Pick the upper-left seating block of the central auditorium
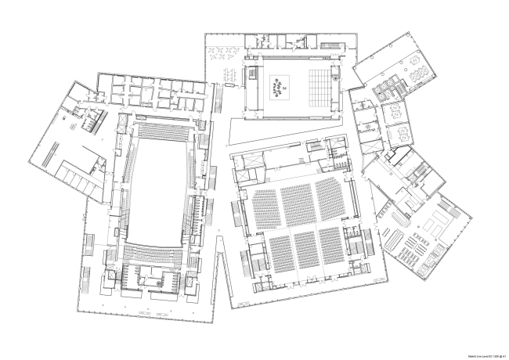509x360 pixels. (x=265, y=207)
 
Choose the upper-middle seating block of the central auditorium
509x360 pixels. (x=298, y=203)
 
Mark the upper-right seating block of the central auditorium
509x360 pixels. (x=330, y=197)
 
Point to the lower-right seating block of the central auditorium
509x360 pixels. (x=330, y=244)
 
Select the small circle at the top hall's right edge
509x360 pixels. (x=336, y=78)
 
